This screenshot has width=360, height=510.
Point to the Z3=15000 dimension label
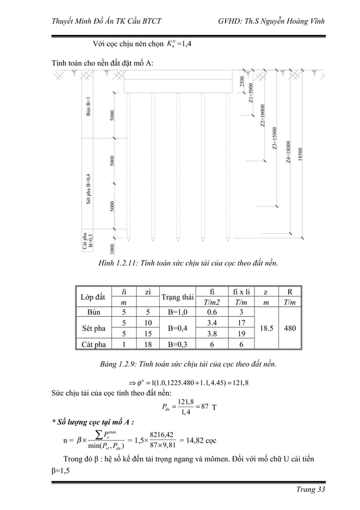click(275, 137)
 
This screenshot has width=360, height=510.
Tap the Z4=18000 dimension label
click(288, 152)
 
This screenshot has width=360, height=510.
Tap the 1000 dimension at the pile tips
click(113, 249)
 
